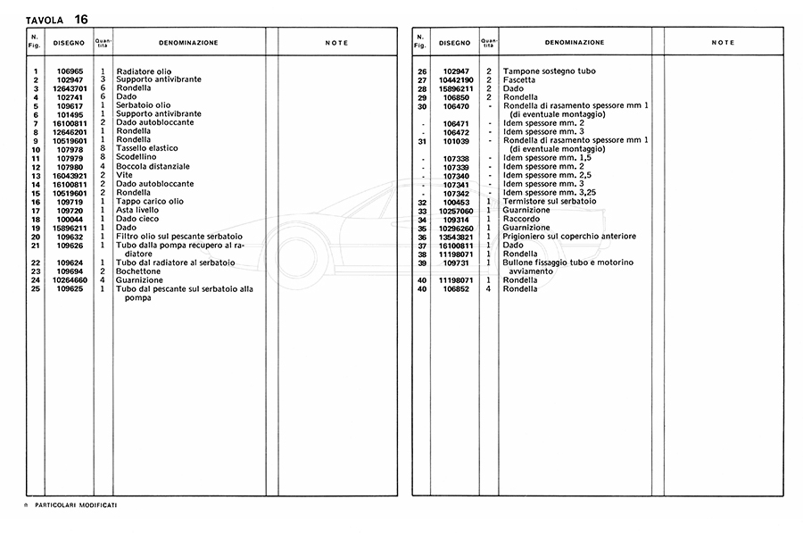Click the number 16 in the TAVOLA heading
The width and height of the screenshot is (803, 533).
click(x=82, y=18)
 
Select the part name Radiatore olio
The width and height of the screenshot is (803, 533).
click(x=144, y=71)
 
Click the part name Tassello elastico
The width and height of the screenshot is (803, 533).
click(x=147, y=148)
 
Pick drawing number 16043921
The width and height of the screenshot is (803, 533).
click(x=69, y=175)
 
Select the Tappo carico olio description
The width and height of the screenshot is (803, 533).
click(x=149, y=201)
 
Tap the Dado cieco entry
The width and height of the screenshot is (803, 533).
click(x=138, y=219)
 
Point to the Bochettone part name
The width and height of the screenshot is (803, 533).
click(x=139, y=271)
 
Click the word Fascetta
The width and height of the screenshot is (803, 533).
click(x=519, y=79)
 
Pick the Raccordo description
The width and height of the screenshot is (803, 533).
click(x=521, y=219)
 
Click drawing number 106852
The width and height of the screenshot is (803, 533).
click(x=455, y=288)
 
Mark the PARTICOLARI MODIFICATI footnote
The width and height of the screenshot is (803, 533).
click(x=75, y=505)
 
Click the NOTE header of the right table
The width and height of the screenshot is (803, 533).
click(x=723, y=43)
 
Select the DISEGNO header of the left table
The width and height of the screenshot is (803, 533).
click(x=68, y=43)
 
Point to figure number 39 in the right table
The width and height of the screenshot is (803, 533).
click(x=423, y=262)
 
